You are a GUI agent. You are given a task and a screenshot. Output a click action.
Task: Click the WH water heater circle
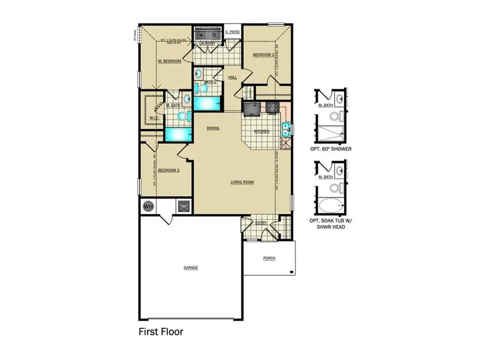pos(147,206)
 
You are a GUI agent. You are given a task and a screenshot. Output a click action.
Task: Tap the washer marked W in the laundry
pos(202,35)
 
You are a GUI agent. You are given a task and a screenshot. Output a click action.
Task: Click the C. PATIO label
pos(233,33)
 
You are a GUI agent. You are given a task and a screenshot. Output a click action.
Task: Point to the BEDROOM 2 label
pos(263,55)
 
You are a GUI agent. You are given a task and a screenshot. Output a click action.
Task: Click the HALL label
pos(233,77)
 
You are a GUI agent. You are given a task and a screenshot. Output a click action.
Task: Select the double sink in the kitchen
pos(286,130)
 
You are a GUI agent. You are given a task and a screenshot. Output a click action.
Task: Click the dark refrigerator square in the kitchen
pos(251,108)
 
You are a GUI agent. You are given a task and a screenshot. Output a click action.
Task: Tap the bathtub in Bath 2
pos(205,103)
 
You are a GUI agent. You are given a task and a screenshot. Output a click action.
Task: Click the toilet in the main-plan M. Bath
pos(182,115)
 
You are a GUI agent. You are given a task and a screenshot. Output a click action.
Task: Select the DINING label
pos(213,128)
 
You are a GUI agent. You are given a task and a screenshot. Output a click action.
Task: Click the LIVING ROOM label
pos(242,182)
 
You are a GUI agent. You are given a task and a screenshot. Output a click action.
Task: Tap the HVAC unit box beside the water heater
pos(183,205)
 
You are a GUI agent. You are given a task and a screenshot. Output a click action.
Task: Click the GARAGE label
pos(191,267)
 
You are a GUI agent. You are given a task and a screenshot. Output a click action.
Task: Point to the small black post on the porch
pos(292,272)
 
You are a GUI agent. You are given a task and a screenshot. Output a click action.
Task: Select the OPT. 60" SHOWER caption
pos(331,149)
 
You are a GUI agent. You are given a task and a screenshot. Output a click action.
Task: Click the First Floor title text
pos(161,332)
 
